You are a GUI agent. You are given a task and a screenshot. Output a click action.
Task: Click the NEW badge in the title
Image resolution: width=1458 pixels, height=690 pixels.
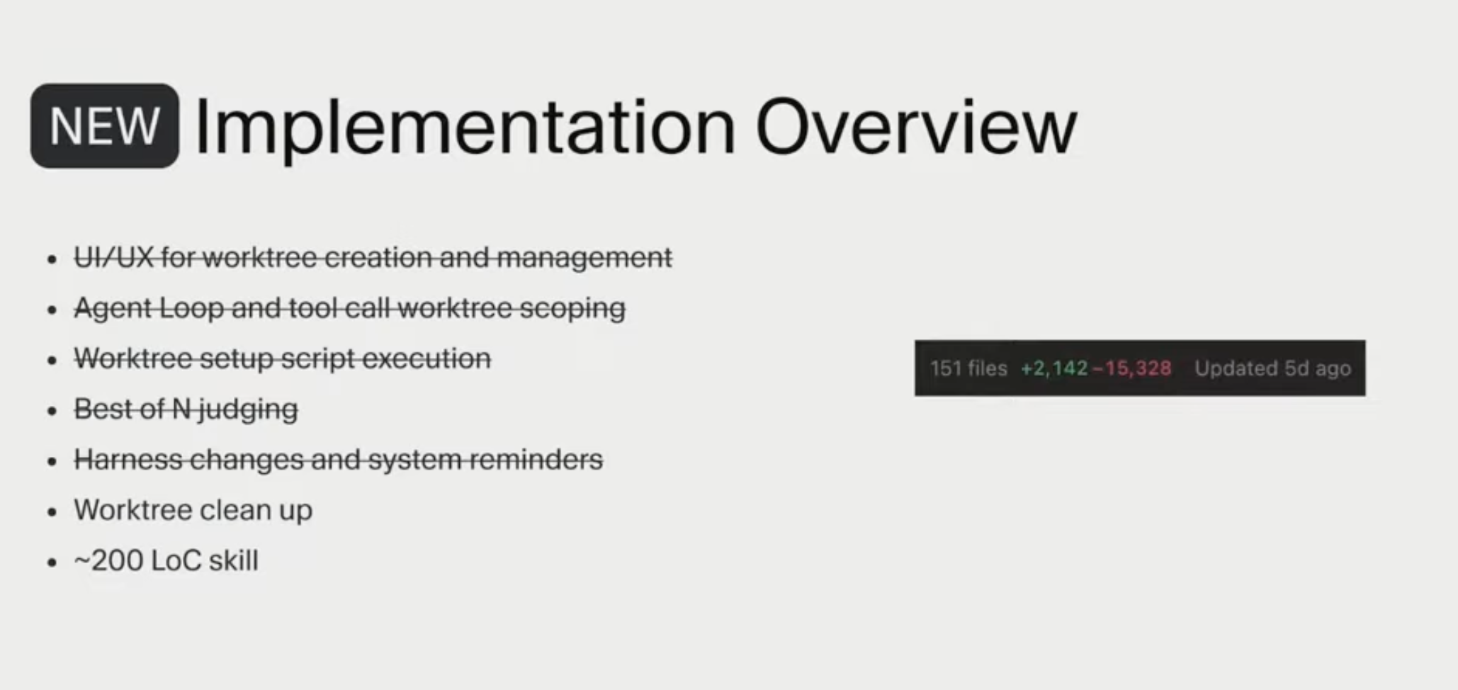pyautogui.click(x=104, y=126)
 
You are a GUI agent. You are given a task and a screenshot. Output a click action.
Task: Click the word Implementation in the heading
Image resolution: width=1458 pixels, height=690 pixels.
pyautogui.click(x=465, y=128)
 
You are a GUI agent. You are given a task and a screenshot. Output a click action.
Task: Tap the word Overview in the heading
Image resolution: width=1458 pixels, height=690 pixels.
pyautogui.click(x=915, y=128)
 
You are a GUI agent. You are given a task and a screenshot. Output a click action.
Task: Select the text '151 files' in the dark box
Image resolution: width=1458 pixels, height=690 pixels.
pyautogui.click(x=968, y=368)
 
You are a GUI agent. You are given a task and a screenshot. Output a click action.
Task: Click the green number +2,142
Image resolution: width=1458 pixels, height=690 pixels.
pyautogui.click(x=1053, y=368)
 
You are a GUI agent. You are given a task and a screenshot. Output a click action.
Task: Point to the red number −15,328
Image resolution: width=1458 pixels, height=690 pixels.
pyautogui.click(x=1132, y=368)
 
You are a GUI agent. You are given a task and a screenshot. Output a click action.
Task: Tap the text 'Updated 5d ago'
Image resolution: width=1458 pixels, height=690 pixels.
pyautogui.click(x=1272, y=368)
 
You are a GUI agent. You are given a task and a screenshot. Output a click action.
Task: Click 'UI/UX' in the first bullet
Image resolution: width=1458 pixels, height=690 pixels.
pyautogui.click(x=113, y=257)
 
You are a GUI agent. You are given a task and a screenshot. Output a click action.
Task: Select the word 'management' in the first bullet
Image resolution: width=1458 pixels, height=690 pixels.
pyautogui.click(x=584, y=257)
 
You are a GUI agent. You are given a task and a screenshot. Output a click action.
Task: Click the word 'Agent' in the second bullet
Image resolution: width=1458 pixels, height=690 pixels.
pyautogui.click(x=113, y=308)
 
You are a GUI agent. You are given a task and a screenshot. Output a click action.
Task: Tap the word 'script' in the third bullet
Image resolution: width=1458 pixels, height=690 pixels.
pyautogui.click(x=317, y=358)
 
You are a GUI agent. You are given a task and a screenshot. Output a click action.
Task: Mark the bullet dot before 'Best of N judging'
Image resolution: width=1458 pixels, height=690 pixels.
pyautogui.click(x=51, y=411)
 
